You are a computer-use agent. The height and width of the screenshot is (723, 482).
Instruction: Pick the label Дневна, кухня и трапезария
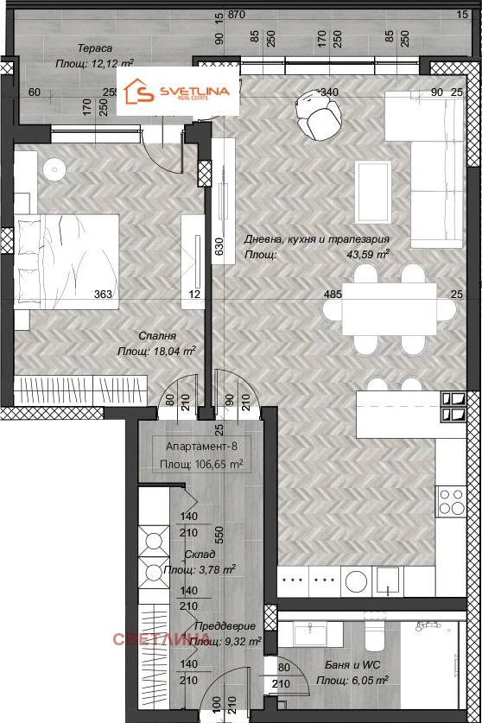coord(316,240)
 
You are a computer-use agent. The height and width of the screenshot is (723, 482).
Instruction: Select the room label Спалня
coord(158,336)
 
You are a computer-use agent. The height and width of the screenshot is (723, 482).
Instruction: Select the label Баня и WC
coord(347,666)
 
